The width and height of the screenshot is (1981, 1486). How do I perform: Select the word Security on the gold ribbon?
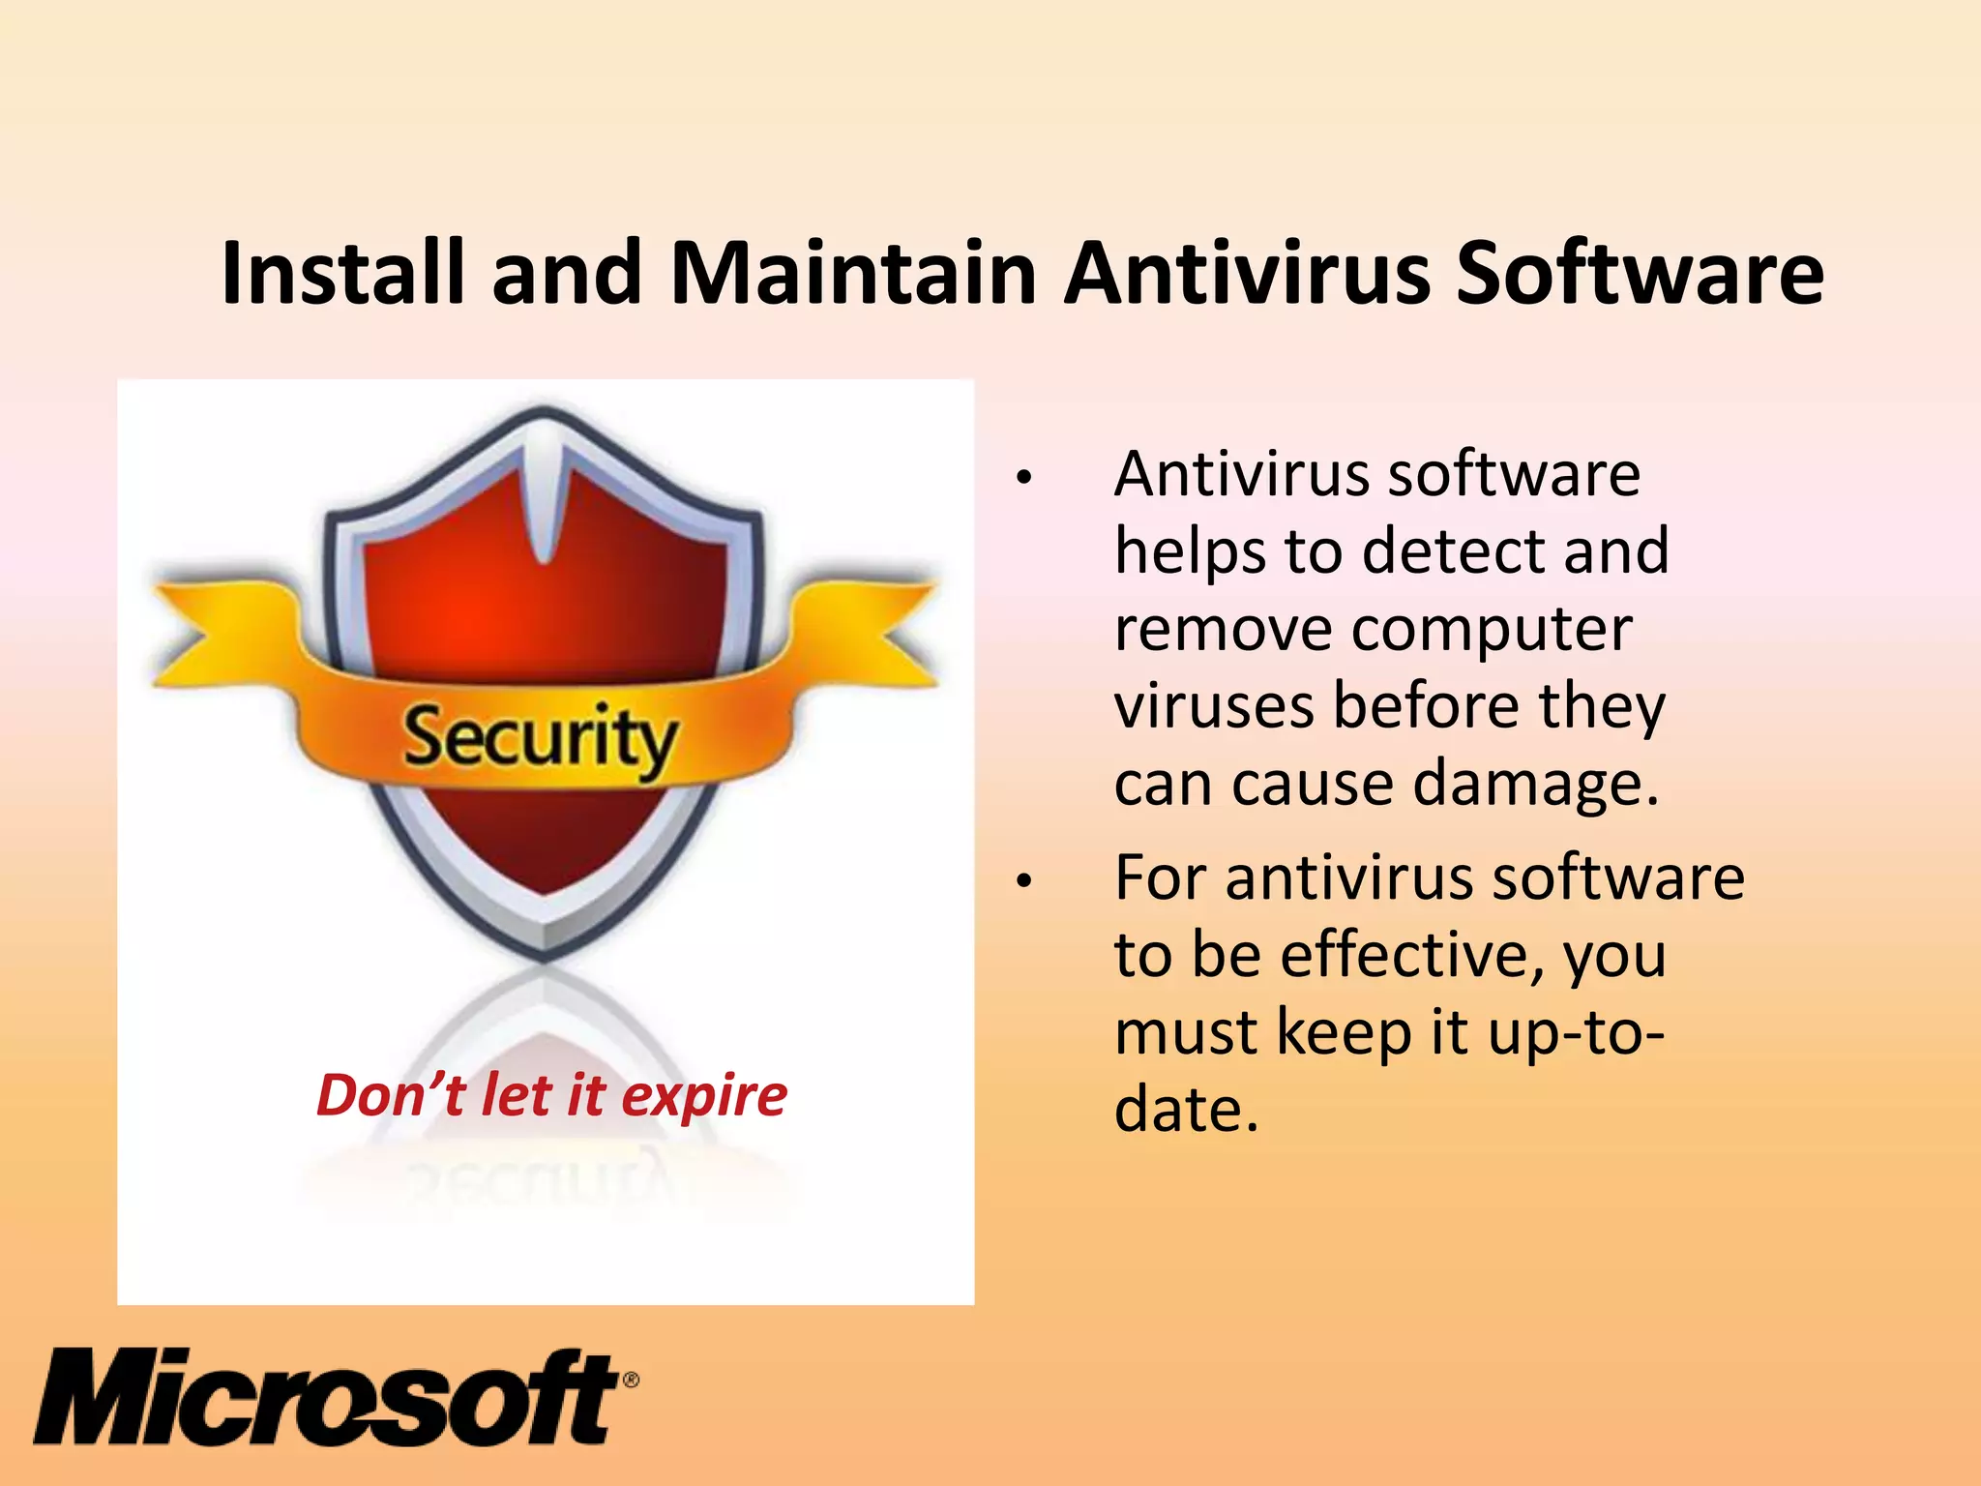click(539, 738)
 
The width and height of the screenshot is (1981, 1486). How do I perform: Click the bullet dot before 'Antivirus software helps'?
click(1023, 477)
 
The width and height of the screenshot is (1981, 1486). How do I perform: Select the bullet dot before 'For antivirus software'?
click(1023, 880)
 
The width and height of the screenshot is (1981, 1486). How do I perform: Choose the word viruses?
click(1215, 705)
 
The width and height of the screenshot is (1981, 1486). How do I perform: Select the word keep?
click(1345, 1034)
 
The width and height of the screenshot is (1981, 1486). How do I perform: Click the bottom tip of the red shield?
click(544, 953)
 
